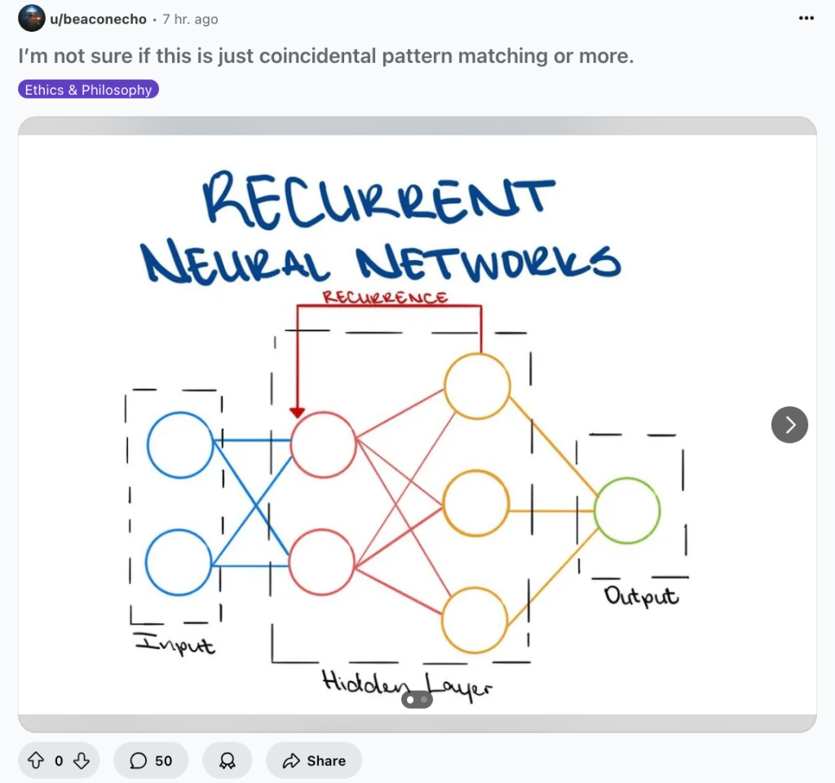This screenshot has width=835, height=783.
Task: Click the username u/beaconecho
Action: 99,18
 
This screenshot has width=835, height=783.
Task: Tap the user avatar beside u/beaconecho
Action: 31,18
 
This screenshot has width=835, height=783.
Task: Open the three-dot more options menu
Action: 806,18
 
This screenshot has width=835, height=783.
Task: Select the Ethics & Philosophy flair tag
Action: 88,90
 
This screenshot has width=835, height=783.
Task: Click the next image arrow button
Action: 789,424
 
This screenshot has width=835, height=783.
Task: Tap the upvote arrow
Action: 36,760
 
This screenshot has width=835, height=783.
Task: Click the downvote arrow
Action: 82,760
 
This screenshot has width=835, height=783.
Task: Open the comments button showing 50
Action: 151,760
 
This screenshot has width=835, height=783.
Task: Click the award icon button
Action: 228,760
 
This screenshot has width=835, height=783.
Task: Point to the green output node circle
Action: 626,511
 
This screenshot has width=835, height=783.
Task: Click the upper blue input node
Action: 179,445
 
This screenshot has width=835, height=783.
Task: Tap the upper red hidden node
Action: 323,445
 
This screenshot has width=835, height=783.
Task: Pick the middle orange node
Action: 476,504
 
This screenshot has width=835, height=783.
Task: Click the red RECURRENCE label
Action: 385,297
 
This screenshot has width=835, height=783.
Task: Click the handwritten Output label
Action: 641,596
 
